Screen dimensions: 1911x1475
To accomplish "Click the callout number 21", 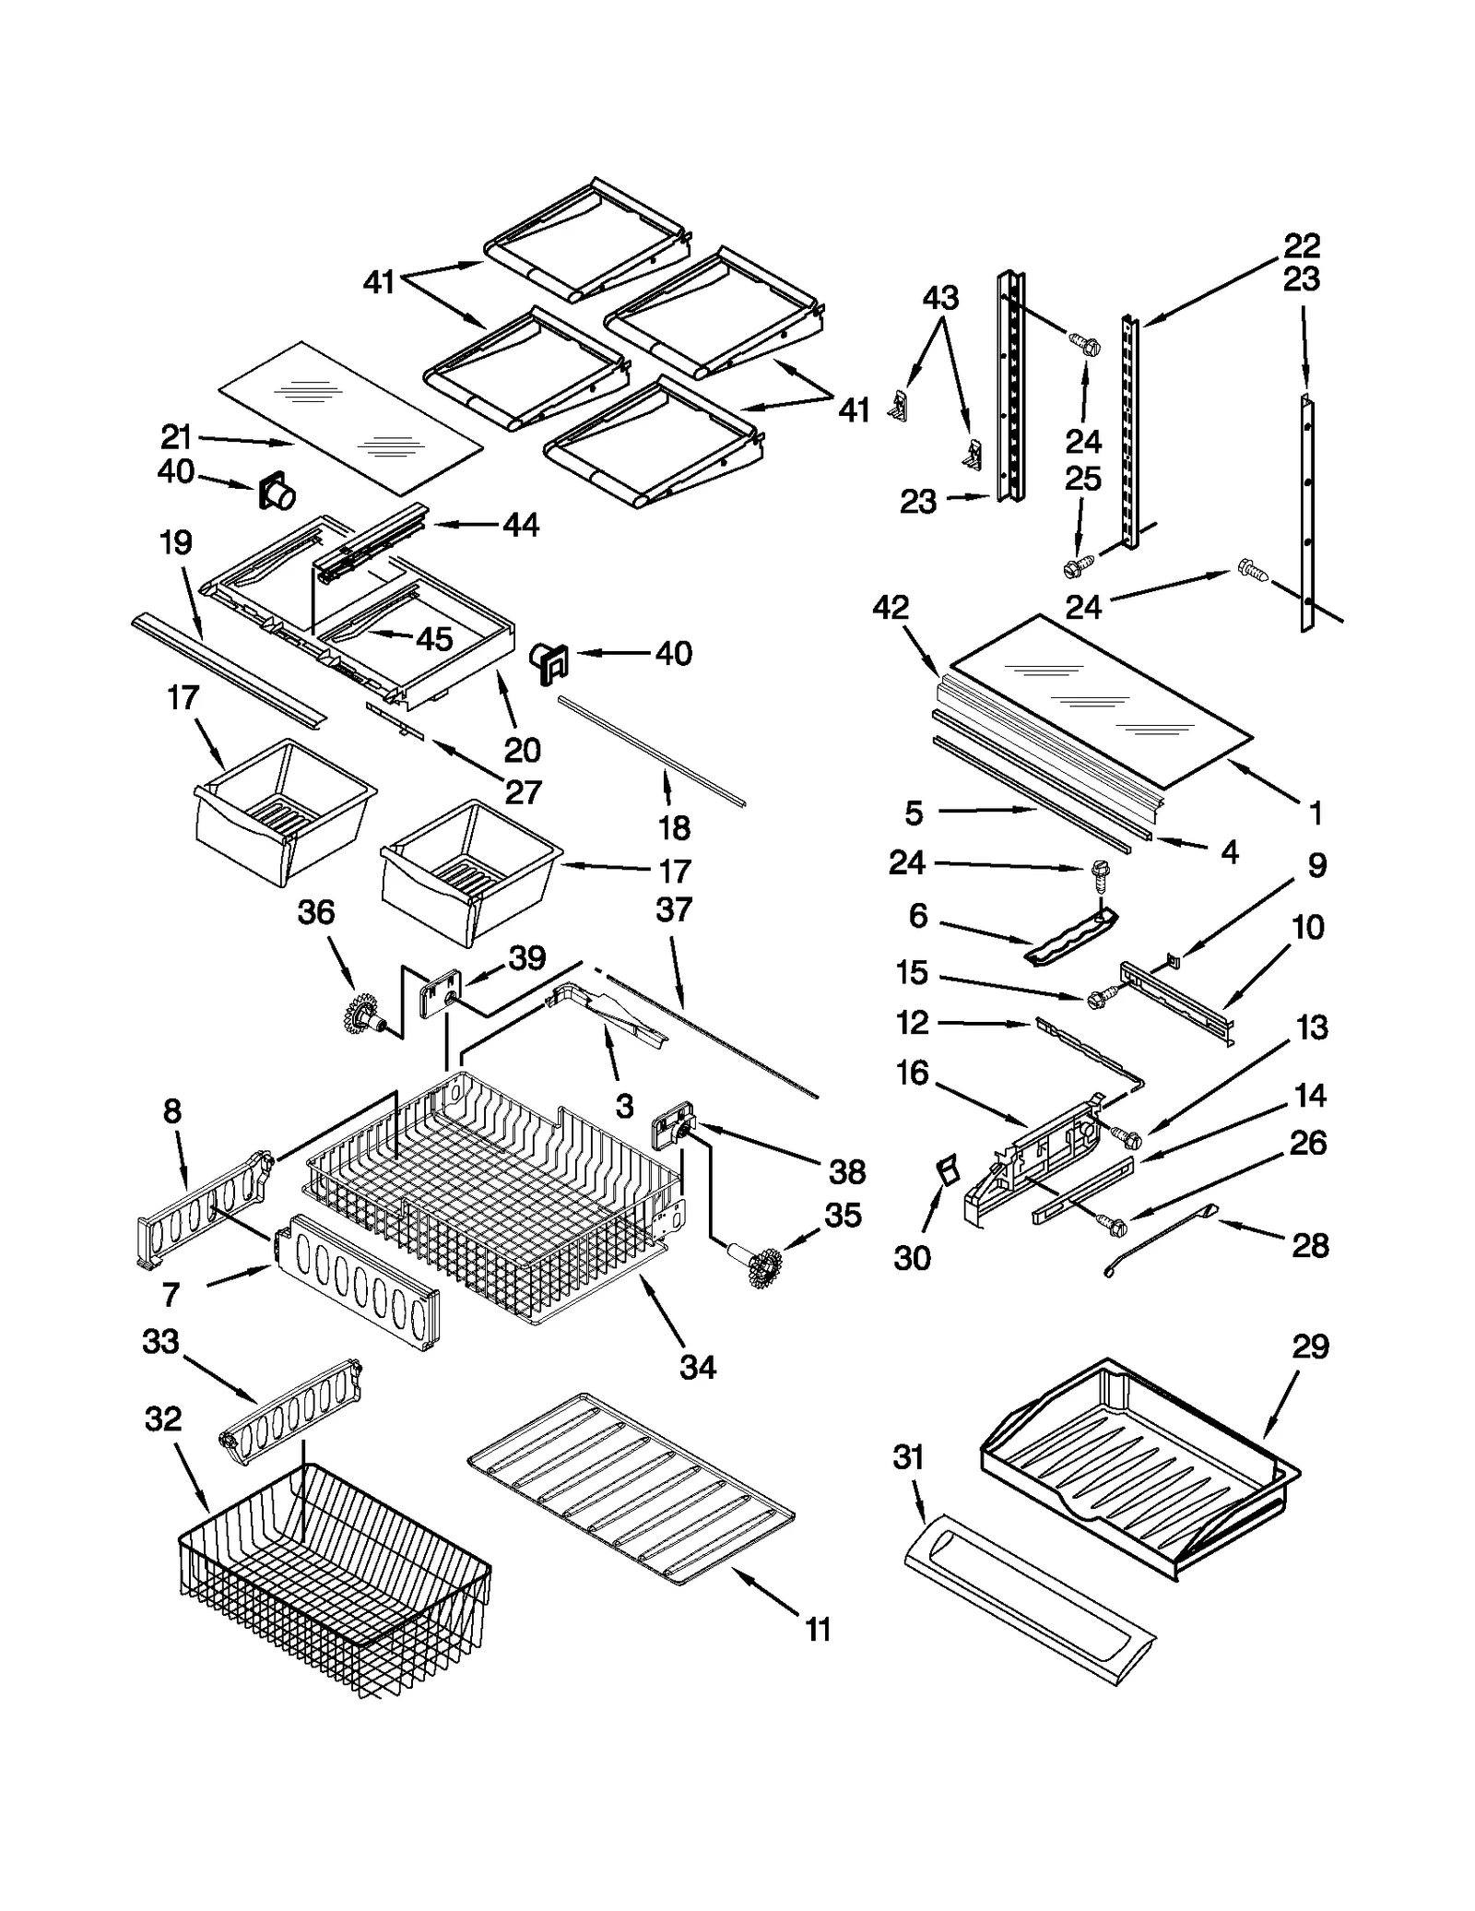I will coord(175,436).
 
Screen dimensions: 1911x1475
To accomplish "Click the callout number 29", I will coord(1310,1347).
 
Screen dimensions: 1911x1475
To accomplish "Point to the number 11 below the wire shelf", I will coord(818,1630).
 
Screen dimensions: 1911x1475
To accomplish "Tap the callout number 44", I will coord(521,525).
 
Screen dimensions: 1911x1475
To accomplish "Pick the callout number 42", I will coord(890,607).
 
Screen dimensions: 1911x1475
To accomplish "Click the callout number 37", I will coord(674,909).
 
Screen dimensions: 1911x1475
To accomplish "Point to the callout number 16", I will coord(912,1073).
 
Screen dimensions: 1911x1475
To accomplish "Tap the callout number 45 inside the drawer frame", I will coord(434,638).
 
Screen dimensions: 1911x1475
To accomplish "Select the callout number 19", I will coord(175,542).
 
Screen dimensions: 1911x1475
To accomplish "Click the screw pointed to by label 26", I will coord(1111,1225).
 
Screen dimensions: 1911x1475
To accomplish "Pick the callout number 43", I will coord(940,298).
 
